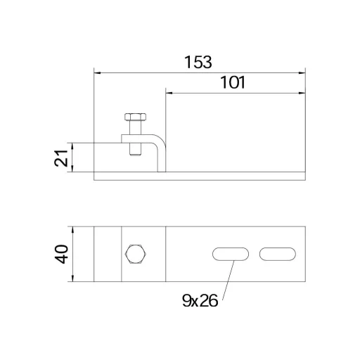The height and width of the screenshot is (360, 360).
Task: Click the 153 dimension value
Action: click(x=198, y=62)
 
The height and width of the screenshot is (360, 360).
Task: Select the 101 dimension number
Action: click(x=233, y=82)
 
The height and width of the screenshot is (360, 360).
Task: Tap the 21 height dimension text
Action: click(x=61, y=157)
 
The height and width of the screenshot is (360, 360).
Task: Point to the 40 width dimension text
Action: click(x=61, y=254)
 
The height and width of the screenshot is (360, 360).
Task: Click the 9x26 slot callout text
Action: click(x=200, y=301)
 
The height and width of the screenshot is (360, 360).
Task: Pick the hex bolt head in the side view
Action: click(x=136, y=117)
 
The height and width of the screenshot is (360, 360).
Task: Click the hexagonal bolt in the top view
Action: click(x=136, y=254)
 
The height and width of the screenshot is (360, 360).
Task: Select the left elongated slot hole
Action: click(x=231, y=254)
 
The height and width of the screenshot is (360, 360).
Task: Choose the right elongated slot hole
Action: click(x=278, y=254)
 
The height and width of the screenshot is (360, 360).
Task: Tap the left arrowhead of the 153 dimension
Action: click(x=97, y=73)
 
